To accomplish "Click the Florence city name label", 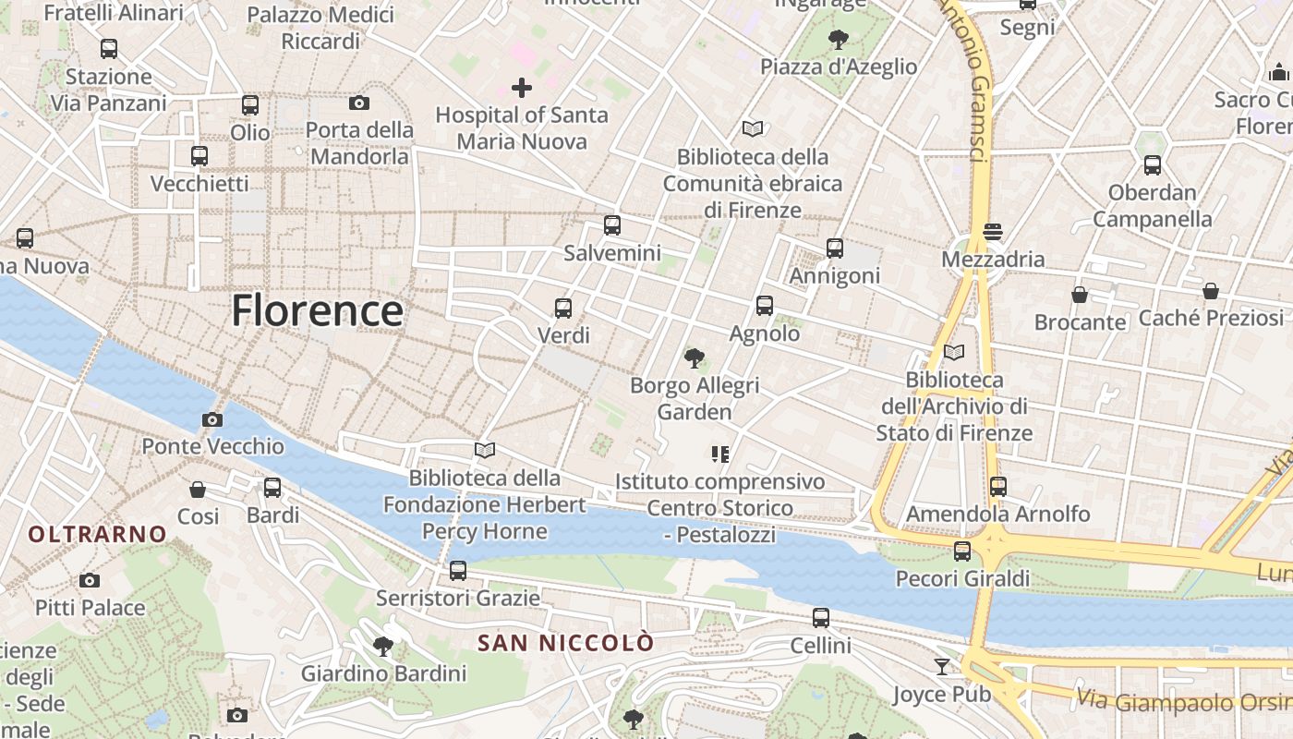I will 317,310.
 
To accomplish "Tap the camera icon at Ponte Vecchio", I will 211,420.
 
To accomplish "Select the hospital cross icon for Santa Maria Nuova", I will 522,88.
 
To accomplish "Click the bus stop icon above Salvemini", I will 611,225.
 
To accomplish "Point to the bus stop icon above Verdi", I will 562,308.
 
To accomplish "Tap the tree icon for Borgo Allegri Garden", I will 694,357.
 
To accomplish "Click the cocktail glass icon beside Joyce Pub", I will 941,666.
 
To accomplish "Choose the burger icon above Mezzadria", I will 993,231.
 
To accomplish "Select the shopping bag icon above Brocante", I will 1079,295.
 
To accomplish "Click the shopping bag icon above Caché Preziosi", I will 1210,291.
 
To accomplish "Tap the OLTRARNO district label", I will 97,534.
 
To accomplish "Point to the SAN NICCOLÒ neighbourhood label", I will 565,643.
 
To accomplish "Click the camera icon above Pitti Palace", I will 89,580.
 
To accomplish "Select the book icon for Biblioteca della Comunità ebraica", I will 753,129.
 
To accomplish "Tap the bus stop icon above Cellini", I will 820,618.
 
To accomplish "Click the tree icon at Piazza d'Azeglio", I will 839,39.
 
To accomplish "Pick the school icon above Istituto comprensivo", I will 720,454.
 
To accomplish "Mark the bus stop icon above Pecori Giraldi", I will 961,551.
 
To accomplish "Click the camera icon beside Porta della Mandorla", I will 358,103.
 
